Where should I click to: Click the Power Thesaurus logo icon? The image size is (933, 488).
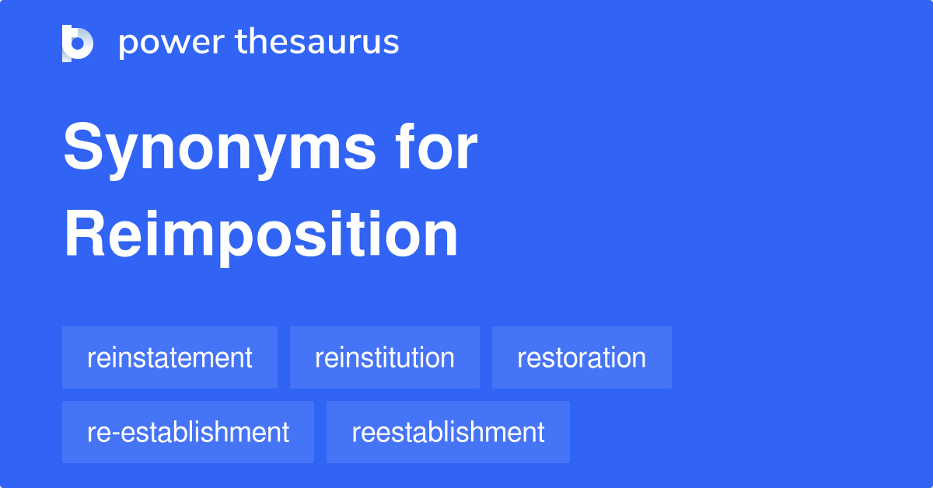(78, 43)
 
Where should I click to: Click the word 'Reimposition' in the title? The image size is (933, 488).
(260, 236)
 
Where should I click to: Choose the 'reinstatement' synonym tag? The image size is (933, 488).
(169, 357)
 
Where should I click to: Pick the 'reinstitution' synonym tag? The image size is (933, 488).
(385, 357)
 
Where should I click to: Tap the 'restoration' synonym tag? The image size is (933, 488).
(582, 357)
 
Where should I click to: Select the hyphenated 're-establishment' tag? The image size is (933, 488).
(188, 432)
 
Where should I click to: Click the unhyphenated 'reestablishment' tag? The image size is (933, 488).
(448, 432)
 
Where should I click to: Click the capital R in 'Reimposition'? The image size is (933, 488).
(84, 236)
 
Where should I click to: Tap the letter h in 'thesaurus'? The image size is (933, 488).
(258, 42)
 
